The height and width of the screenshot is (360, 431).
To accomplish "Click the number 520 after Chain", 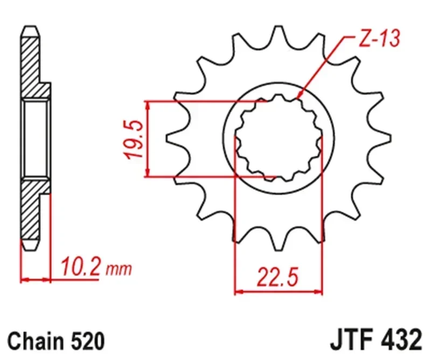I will click(86, 342).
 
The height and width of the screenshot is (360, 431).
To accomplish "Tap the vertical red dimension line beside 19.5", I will click(147, 139).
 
